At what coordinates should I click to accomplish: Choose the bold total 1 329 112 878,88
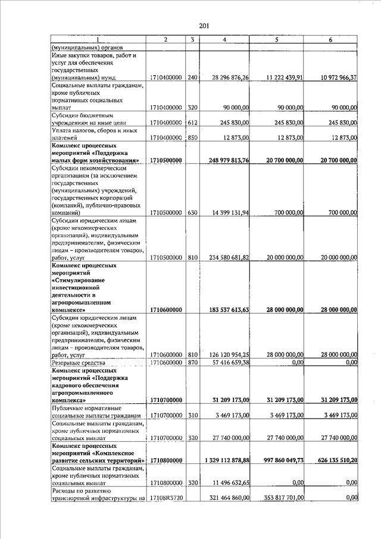click(223, 460)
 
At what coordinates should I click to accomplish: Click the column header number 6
click(330, 39)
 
